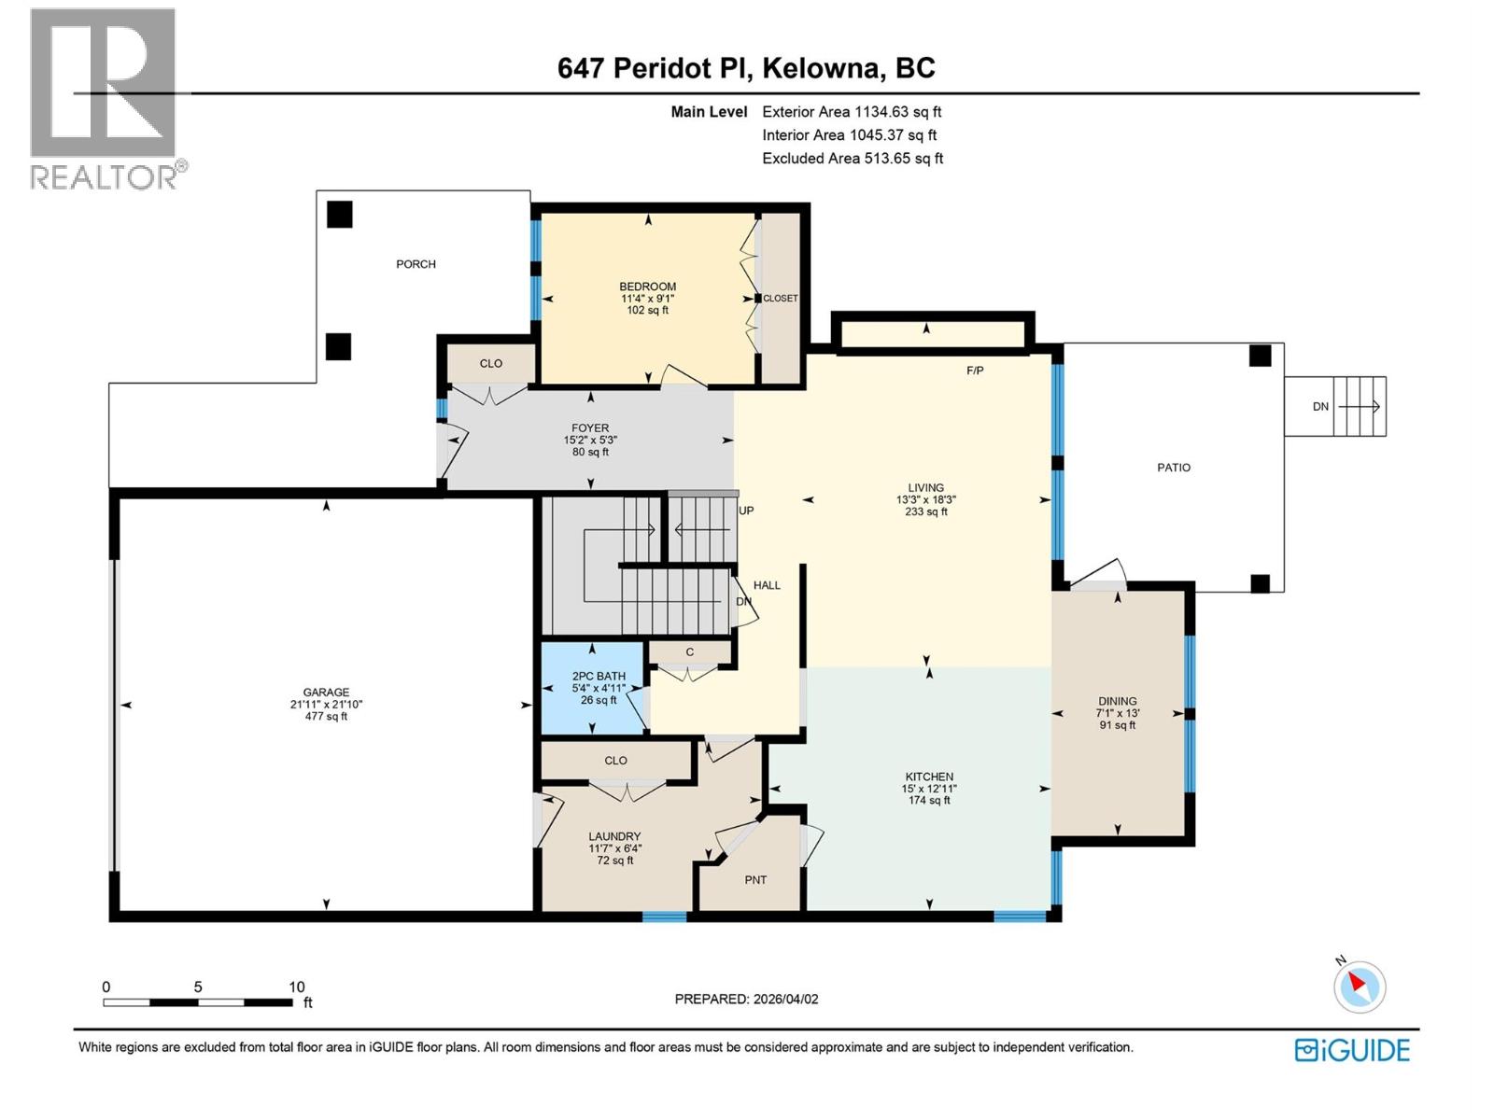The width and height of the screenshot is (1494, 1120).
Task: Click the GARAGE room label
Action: tap(326, 693)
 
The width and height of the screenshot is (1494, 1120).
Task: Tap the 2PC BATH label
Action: tap(599, 677)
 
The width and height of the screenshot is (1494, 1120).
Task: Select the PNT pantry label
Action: tap(755, 880)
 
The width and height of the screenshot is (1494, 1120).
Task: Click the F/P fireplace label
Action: tap(974, 371)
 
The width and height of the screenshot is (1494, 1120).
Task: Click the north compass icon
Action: tap(1359, 987)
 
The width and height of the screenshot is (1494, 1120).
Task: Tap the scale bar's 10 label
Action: tap(296, 987)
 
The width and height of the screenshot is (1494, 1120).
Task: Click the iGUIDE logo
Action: tap(1352, 1050)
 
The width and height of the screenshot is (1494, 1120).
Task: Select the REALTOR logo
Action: tap(105, 98)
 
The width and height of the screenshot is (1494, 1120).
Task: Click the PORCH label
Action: tap(416, 264)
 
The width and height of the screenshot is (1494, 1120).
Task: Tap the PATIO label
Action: tap(1174, 468)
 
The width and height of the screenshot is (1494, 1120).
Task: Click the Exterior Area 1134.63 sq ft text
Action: tap(852, 111)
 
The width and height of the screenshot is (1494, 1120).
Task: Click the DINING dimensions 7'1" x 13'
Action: tap(1118, 713)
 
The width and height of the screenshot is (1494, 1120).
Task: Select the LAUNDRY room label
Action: tap(614, 836)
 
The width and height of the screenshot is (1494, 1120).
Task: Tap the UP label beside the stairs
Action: tap(746, 511)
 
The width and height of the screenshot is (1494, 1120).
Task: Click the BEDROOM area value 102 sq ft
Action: tap(647, 311)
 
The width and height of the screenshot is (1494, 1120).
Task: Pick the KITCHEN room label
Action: tap(929, 777)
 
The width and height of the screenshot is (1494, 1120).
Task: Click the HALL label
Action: tap(767, 585)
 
